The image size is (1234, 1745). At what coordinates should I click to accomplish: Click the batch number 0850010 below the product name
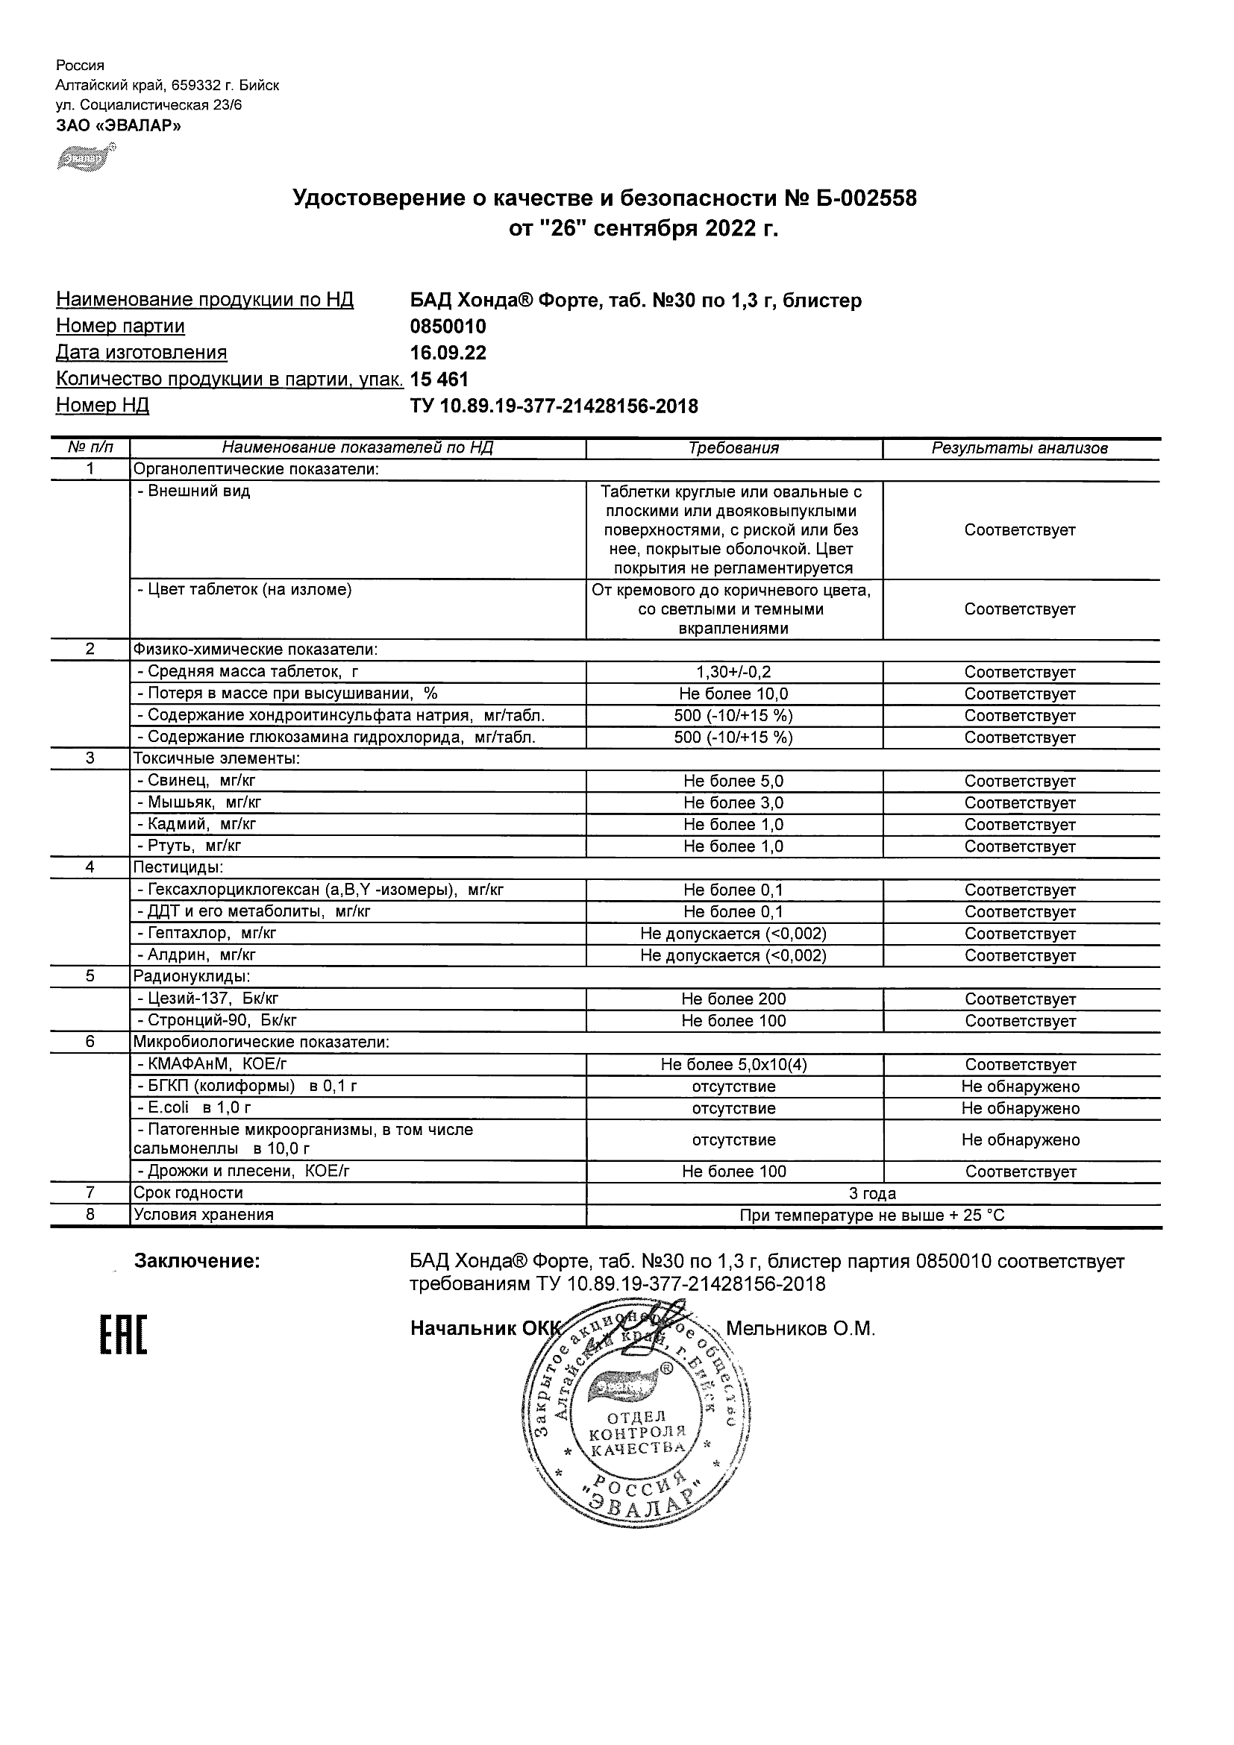(448, 327)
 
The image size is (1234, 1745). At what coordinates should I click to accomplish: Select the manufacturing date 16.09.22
(448, 353)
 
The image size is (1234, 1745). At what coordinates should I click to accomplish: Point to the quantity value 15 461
(439, 380)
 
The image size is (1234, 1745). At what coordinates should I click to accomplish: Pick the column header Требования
(733, 448)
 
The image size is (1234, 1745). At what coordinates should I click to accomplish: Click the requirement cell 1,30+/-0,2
(733, 672)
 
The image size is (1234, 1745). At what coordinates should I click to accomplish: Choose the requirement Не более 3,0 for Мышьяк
(733, 802)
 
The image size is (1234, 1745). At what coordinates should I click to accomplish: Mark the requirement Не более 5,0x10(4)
(733, 1065)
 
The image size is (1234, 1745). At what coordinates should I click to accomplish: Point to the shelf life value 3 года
(872, 1193)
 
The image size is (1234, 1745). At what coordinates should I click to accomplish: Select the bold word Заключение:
(197, 1261)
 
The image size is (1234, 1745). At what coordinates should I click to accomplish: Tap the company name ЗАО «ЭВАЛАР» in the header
(119, 125)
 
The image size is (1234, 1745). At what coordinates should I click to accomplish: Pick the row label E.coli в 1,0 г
(193, 1108)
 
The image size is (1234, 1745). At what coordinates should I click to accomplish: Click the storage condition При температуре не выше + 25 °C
(872, 1216)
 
